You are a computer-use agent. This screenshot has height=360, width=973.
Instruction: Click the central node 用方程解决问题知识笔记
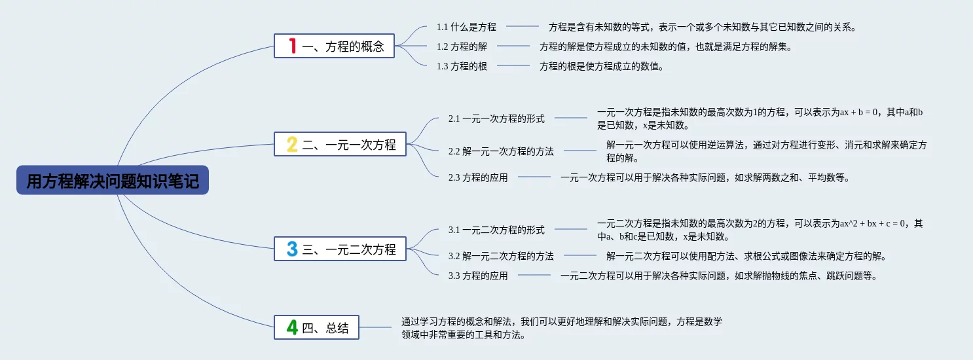click(x=113, y=181)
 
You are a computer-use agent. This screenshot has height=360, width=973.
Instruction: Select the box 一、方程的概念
click(x=334, y=46)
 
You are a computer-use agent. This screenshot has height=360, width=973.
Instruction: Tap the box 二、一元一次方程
click(x=340, y=144)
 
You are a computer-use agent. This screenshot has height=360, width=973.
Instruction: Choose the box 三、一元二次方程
click(x=340, y=249)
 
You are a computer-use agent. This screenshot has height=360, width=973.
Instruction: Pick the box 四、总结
click(x=316, y=327)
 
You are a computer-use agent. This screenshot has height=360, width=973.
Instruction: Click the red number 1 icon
click(x=293, y=46)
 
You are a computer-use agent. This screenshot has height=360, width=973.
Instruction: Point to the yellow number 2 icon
click(x=292, y=144)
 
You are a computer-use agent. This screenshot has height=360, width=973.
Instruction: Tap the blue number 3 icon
click(x=292, y=249)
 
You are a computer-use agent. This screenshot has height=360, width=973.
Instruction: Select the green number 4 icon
click(x=292, y=327)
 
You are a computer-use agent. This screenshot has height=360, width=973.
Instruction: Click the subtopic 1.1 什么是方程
click(x=466, y=27)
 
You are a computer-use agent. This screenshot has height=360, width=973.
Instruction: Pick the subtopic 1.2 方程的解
click(x=462, y=46)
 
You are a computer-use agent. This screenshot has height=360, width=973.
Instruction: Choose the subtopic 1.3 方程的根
click(x=462, y=66)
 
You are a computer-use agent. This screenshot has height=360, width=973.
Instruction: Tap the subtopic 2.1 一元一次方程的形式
click(x=496, y=118)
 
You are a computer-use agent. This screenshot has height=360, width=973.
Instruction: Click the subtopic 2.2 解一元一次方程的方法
click(x=501, y=151)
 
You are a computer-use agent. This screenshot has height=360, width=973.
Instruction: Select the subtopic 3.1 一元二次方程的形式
click(x=496, y=230)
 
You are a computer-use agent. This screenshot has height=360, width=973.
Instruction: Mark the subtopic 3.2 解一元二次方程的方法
click(x=501, y=256)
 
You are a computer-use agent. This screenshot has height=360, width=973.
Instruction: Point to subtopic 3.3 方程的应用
click(x=478, y=276)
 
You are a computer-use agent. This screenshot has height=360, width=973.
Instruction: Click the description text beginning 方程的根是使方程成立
click(x=601, y=66)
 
